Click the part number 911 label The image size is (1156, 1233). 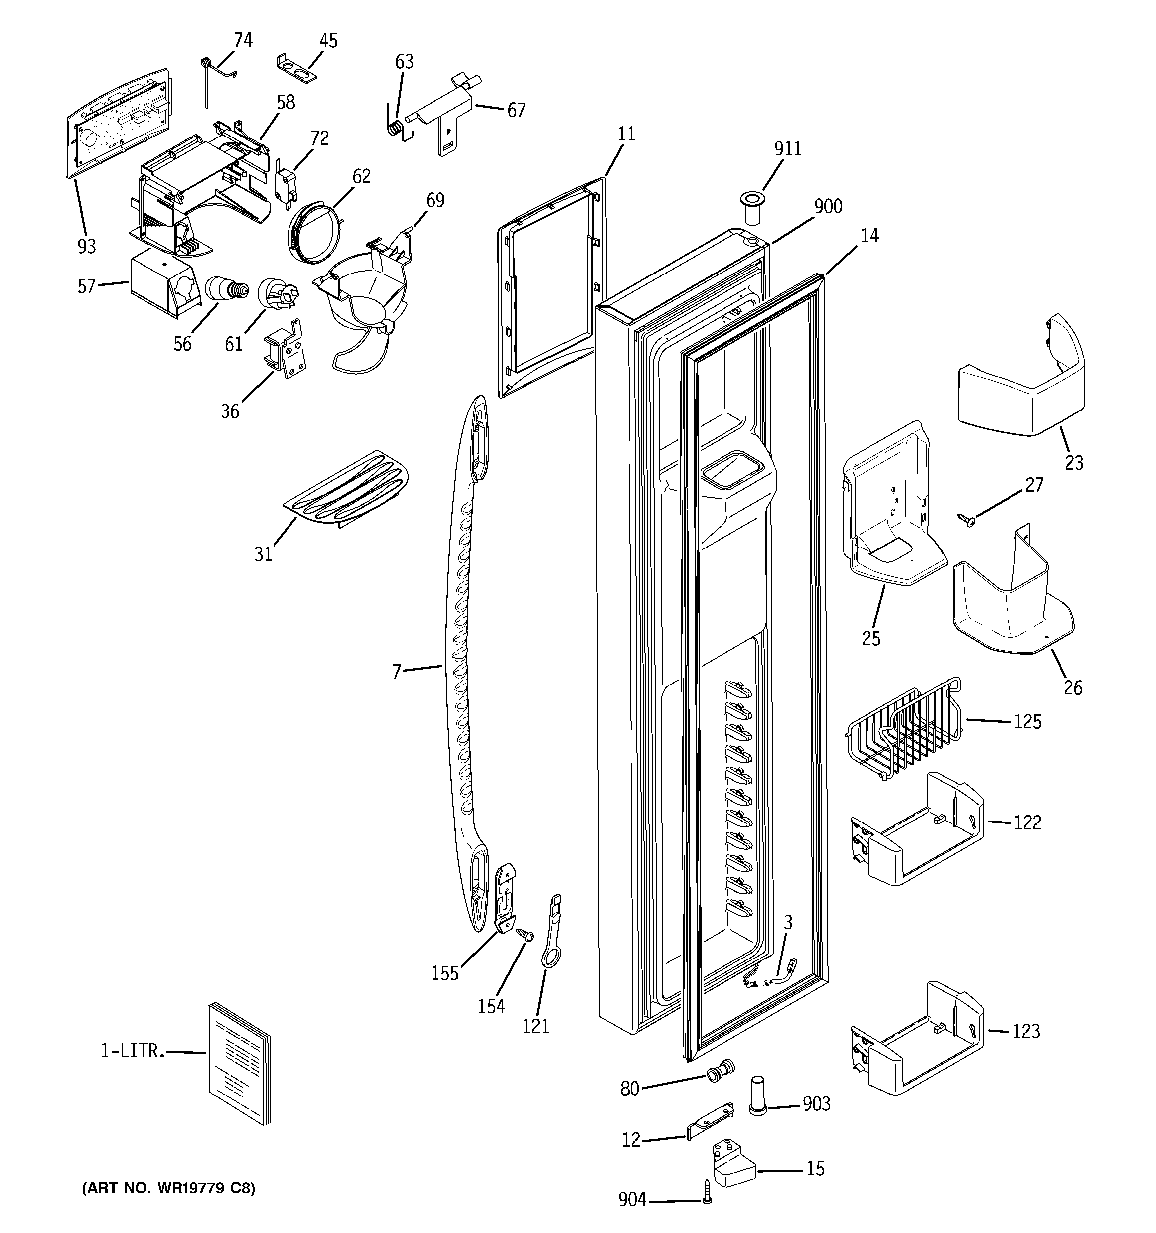(787, 149)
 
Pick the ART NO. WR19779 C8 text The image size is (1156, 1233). (168, 1188)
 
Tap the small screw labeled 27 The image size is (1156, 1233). (966, 519)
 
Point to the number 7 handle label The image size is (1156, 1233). (397, 671)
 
